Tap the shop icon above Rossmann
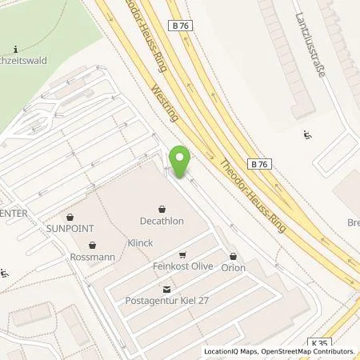pos(93,245)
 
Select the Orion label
pos(233,267)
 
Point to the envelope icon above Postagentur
pos(166,289)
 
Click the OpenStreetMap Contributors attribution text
pos(311,351)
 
